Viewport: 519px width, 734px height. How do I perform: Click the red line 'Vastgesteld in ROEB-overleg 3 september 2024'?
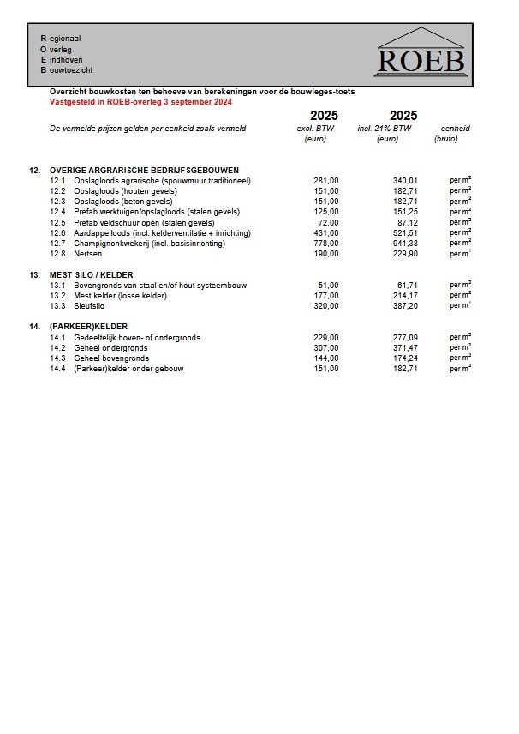click(x=141, y=101)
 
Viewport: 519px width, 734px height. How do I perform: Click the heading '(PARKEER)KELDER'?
click(x=88, y=327)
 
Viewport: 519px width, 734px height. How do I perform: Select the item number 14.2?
click(x=57, y=347)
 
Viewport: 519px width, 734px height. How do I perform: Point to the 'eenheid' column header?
click(x=455, y=129)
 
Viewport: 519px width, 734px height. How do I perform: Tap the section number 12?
click(x=34, y=170)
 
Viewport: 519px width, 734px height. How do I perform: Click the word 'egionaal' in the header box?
click(x=65, y=39)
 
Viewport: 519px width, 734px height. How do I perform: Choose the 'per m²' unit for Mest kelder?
click(x=461, y=295)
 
